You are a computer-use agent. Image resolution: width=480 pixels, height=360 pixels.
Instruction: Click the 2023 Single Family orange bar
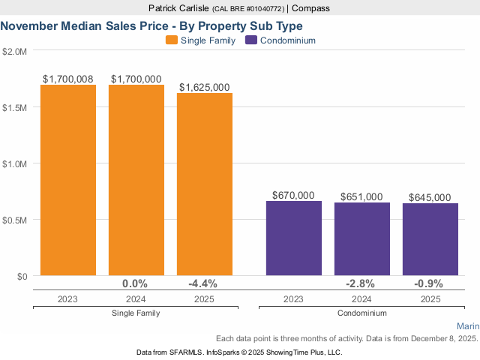(x=68, y=180)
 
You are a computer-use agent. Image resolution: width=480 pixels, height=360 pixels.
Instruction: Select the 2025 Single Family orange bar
(x=205, y=184)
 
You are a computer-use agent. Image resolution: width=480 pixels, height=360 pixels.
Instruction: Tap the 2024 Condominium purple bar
(x=362, y=238)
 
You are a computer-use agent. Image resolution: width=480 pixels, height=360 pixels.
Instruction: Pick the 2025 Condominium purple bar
(x=430, y=239)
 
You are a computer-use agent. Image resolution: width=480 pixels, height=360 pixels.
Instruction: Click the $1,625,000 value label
(x=204, y=87)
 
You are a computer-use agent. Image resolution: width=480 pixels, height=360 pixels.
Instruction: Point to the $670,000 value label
(x=293, y=195)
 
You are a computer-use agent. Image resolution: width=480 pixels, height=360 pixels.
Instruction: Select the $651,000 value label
(x=361, y=196)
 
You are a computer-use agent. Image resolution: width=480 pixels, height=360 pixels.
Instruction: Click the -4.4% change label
(x=203, y=283)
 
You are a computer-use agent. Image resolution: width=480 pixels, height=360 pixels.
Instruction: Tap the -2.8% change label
(x=361, y=283)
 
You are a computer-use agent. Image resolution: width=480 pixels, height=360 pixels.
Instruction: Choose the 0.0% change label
(x=135, y=283)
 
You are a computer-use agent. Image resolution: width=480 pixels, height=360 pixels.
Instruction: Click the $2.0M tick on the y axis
(x=15, y=52)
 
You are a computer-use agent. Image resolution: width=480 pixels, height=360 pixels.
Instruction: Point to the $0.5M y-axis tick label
(x=15, y=220)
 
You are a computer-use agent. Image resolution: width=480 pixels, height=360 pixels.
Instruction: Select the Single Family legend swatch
(x=171, y=40)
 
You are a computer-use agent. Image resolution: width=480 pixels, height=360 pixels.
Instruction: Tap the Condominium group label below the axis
(x=361, y=313)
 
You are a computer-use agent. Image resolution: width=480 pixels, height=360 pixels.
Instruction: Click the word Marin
(x=467, y=326)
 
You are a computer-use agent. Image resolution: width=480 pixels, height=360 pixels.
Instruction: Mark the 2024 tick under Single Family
(x=136, y=298)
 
